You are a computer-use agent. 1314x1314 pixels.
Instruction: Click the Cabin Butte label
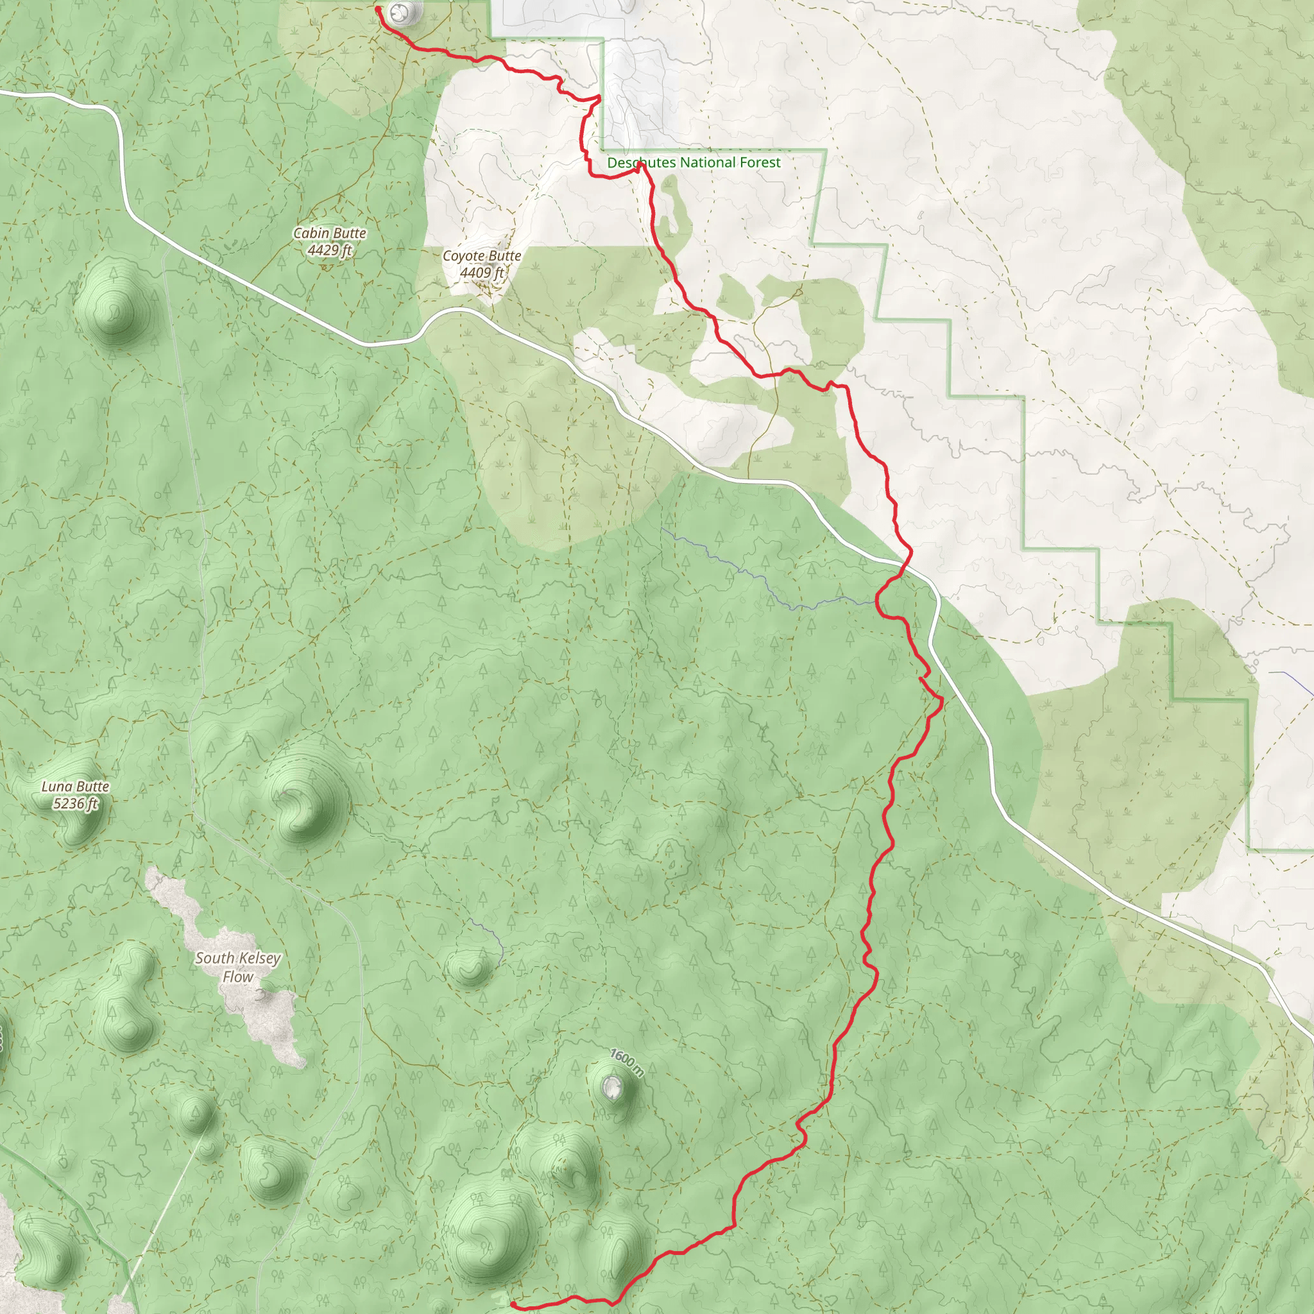[x=330, y=234]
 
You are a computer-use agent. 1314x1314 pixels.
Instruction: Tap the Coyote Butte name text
[x=482, y=257]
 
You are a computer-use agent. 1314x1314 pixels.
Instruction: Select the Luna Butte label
[x=75, y=787]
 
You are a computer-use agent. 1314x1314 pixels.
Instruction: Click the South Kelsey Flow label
[x=237, y=966]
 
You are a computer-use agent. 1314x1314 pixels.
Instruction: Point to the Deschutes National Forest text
[x=694, y=162]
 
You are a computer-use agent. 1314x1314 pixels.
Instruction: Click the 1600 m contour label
[x=626, y=1062]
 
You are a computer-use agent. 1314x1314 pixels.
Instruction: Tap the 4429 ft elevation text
[x=330, y=250]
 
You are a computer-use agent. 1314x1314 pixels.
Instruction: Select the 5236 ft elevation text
[x=75, y=804]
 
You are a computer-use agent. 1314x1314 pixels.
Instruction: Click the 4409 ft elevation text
[x=482, y=273]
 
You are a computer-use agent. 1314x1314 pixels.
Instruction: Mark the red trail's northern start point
[x=377, y=8]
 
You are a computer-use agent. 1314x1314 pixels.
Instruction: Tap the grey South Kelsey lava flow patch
[x=265, y=1013]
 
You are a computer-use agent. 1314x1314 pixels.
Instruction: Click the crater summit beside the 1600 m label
[x=611, y=1088]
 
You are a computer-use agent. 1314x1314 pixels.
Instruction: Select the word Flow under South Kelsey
[x=237, y=977]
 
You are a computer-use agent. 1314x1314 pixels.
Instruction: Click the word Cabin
[x=310, y=234]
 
